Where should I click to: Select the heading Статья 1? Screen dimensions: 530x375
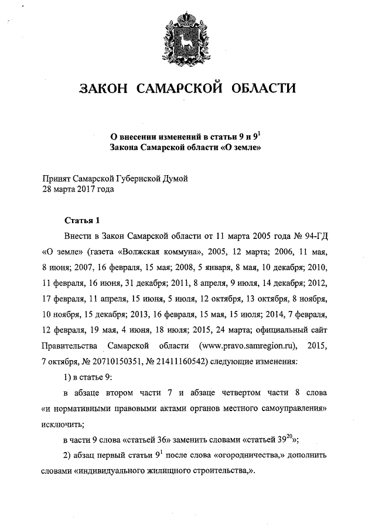pyautogui.click(x=82, y=221)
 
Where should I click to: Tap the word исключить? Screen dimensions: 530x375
pyautogui.click(x=63, y=420)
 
